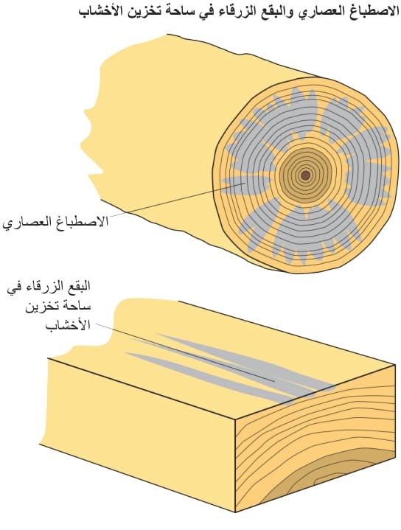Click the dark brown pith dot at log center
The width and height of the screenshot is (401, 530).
306,175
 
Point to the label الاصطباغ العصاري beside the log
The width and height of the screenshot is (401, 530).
55,223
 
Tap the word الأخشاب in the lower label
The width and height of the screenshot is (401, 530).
68,326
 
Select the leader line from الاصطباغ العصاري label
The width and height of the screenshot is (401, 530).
176,200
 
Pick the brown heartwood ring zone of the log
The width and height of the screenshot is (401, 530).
306,175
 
